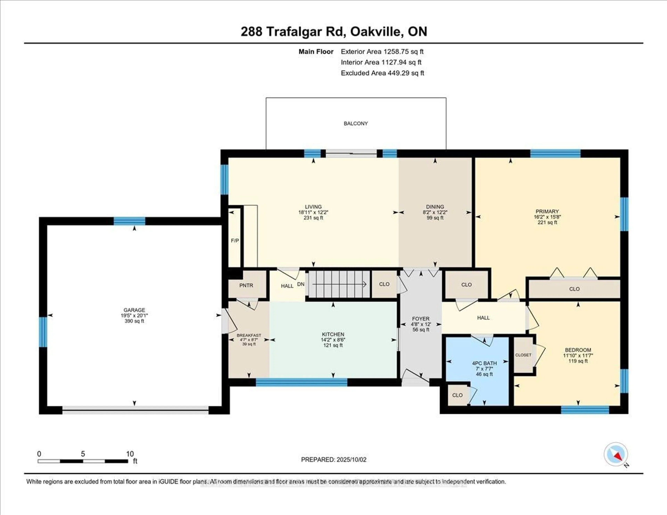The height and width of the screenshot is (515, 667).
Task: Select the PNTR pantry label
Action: [246, 285]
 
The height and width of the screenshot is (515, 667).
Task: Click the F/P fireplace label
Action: [234, 240]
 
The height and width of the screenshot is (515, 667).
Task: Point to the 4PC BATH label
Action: [484, 363]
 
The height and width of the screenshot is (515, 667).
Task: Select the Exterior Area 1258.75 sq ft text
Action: [382, 52]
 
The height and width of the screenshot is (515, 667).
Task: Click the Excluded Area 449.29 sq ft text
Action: [382, 73]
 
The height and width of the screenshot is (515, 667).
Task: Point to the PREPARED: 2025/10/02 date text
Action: [333, 459]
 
